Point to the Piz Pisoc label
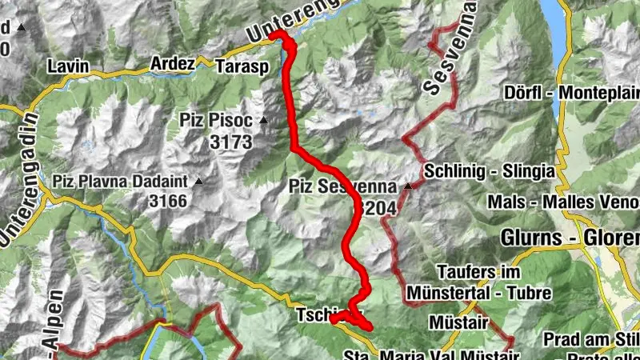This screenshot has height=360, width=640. [x=214, y=122]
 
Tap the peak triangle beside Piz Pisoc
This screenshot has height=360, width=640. [x=262, y=122]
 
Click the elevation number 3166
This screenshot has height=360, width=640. [x=167, y=201]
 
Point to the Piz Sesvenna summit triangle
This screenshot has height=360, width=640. [x=408, y=187]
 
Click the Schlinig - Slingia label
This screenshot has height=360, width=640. [x=490, y=170]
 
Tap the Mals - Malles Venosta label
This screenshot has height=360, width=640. [x=562, y=200]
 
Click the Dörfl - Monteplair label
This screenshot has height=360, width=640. [x=571, y=92]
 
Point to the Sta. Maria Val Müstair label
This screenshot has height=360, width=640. [x=427, y=354]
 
